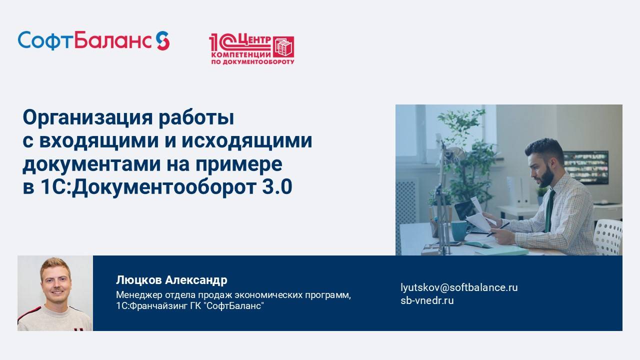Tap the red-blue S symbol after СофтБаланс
tap(162, 40)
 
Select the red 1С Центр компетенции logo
tap(251, 49)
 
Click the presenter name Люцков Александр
tap(171, 279)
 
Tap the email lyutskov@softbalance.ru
tap(459, 287)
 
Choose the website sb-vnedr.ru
tap(427, 300)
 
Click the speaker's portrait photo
tap(55, 293)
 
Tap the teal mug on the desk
tap(460, 230)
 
